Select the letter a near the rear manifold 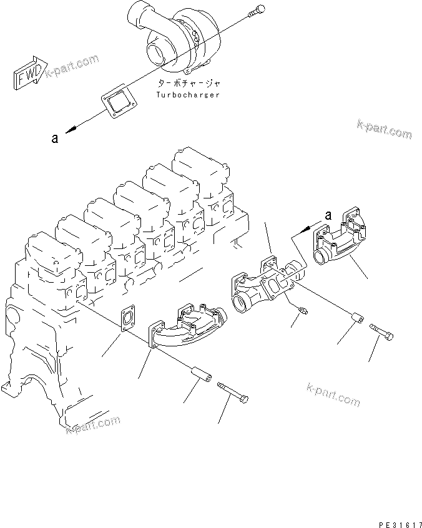click(x=327, y=215)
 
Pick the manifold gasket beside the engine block click(x=127, y=318)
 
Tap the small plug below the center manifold click(x=302, y=310)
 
